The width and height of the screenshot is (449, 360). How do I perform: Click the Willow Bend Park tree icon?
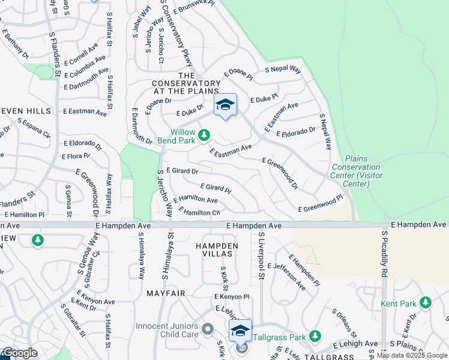(x=204, y=134)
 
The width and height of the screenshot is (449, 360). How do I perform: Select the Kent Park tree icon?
(x=426, y=302)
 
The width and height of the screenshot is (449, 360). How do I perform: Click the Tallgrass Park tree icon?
(x=313, y=336)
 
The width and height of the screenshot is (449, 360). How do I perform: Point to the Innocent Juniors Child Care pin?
(x=208, y=329)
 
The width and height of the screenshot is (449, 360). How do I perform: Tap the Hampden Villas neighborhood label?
(x=217, y=250)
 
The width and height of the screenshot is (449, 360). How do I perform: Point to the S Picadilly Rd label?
(x=384, y=258)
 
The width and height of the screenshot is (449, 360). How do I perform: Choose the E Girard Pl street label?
(x=215, y=188)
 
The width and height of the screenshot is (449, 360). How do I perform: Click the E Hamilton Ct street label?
(x=202, y=212)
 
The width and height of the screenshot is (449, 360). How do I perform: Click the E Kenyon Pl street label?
(x=232, y=297)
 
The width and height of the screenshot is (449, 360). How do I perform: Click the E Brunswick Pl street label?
(x=193, y=7)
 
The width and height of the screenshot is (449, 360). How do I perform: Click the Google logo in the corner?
(x=19, y=353)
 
